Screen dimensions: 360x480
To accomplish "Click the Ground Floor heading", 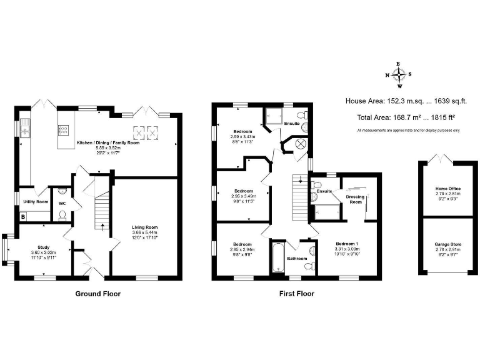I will [x=98, y=293].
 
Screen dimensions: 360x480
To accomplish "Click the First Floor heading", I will [x=297, y=293].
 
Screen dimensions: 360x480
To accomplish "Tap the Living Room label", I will [x=145, y=227].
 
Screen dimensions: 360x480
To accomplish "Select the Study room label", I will [x=44, y=247].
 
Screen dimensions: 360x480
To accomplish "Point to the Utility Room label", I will [x=36, y=202].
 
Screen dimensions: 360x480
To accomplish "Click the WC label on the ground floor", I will [x=62, y=203].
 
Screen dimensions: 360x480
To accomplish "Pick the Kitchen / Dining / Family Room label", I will [x=107, y=143].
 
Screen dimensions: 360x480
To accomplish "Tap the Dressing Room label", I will [x=356, y=199].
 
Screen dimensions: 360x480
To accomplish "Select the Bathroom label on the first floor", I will [x=297, y=258].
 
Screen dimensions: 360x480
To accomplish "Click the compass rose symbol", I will [x=398, y=74].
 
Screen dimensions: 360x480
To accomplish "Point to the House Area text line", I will [x=402, y=100].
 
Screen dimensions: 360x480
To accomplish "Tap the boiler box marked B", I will [x=23, y=217].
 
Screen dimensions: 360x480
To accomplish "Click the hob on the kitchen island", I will [x=63, y=130].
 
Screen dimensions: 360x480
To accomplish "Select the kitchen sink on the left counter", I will [x=25, y=131].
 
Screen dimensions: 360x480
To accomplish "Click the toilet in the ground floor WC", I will [x=62, y=216].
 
